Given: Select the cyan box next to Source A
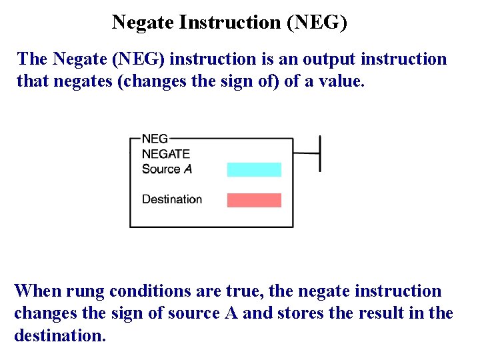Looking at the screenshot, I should pos(254,169).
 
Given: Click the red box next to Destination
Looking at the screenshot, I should pos(254,200).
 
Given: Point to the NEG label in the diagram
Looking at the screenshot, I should pos(155,139).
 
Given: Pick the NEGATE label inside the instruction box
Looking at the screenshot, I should pos(166,154).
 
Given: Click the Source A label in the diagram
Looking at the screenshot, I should pos(167,169).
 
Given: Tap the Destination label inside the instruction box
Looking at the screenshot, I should pos(172,199).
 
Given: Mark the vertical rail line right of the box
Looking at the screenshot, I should pos(320,153).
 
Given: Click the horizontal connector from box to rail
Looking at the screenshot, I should pos(307,153).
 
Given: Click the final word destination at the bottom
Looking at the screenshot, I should pos(59,335).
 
